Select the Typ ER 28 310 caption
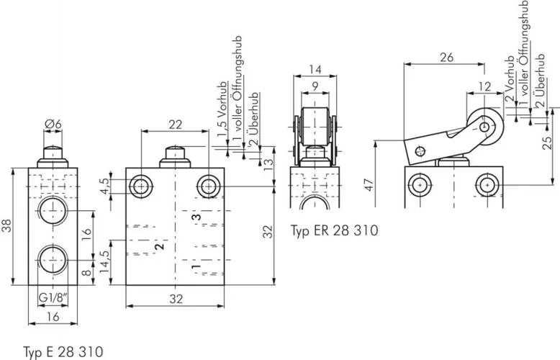[334, 230]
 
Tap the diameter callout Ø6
[53, 125]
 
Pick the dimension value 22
[175, 125]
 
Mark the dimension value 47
[369, 185]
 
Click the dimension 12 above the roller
[486, 85]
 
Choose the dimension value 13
[268, 163]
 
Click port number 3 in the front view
[193, 215]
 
